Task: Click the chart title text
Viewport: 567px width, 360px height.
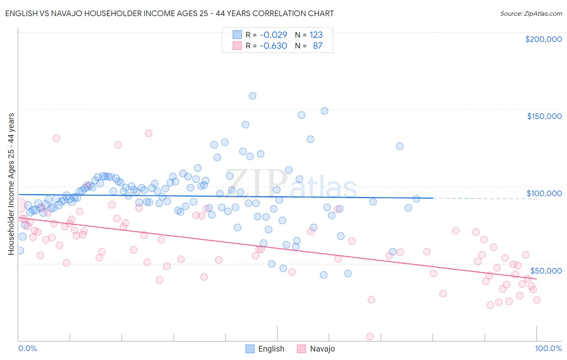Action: click(x=169, y=13)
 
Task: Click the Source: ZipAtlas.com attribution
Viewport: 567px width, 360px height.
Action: click(x=531, y=13)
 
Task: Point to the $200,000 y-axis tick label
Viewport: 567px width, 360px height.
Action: click(x=543, y=39)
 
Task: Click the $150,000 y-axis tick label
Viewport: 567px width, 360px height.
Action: click(x=544, y=116)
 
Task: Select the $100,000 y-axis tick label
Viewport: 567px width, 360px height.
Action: click(x=544, y=193)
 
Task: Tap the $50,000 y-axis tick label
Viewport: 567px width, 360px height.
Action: click(x=546, y=270)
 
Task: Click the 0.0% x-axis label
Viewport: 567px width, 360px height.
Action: click(x=27, y=348)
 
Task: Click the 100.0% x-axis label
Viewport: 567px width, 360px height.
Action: click(x=548, y=348)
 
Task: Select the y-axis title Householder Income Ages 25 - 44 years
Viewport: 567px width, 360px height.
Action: click(x=11, y=184)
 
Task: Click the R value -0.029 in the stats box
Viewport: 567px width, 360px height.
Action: click(x=273, y=35)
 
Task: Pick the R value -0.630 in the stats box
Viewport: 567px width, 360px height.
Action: click(x=273, y=46)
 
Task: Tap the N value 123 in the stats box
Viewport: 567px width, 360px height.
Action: click(x=316, y=35)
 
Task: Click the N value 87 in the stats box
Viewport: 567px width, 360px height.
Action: click(x=317, y=46)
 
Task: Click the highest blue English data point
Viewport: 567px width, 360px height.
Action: click(x=252, y=96)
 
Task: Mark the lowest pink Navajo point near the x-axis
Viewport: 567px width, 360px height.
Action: click(x=370, y=337)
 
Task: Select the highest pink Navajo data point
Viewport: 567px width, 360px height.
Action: click(x=148, y=133)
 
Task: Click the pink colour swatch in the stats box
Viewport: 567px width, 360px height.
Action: click(x=237, y=46)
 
